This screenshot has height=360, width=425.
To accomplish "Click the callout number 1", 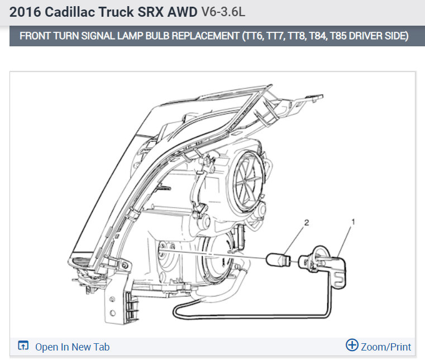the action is point(353,222).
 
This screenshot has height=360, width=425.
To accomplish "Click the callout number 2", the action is point(307,223).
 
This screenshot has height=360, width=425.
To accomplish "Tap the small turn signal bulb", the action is point(278,260).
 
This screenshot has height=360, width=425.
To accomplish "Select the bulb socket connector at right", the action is point(323,267).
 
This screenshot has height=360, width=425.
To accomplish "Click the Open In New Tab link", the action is point(73,347).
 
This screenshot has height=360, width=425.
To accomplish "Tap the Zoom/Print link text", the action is point(386,347).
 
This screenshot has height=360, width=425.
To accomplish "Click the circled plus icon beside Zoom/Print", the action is point(352,345).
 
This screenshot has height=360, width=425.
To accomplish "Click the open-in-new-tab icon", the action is point(23,345).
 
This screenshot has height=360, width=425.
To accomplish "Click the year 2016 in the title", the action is point(25,12).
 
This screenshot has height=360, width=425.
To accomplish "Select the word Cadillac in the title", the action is point(70,12).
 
